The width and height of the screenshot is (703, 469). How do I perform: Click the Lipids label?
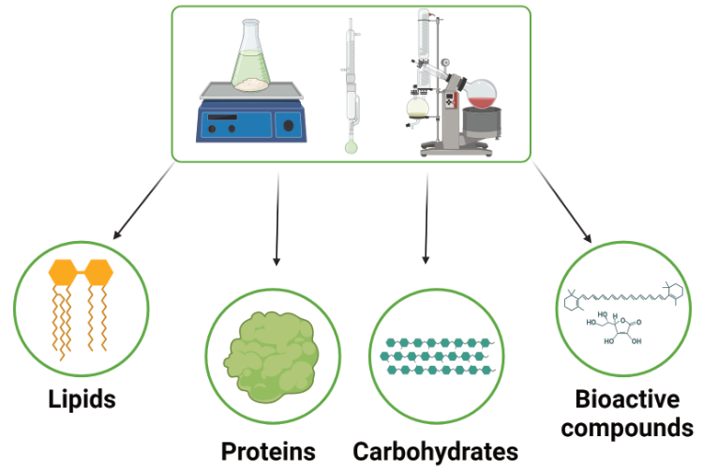tap(82, 399)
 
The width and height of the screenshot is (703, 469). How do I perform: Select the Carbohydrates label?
tap(435, 450)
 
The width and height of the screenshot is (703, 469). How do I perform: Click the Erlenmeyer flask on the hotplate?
tap(249, 61)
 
